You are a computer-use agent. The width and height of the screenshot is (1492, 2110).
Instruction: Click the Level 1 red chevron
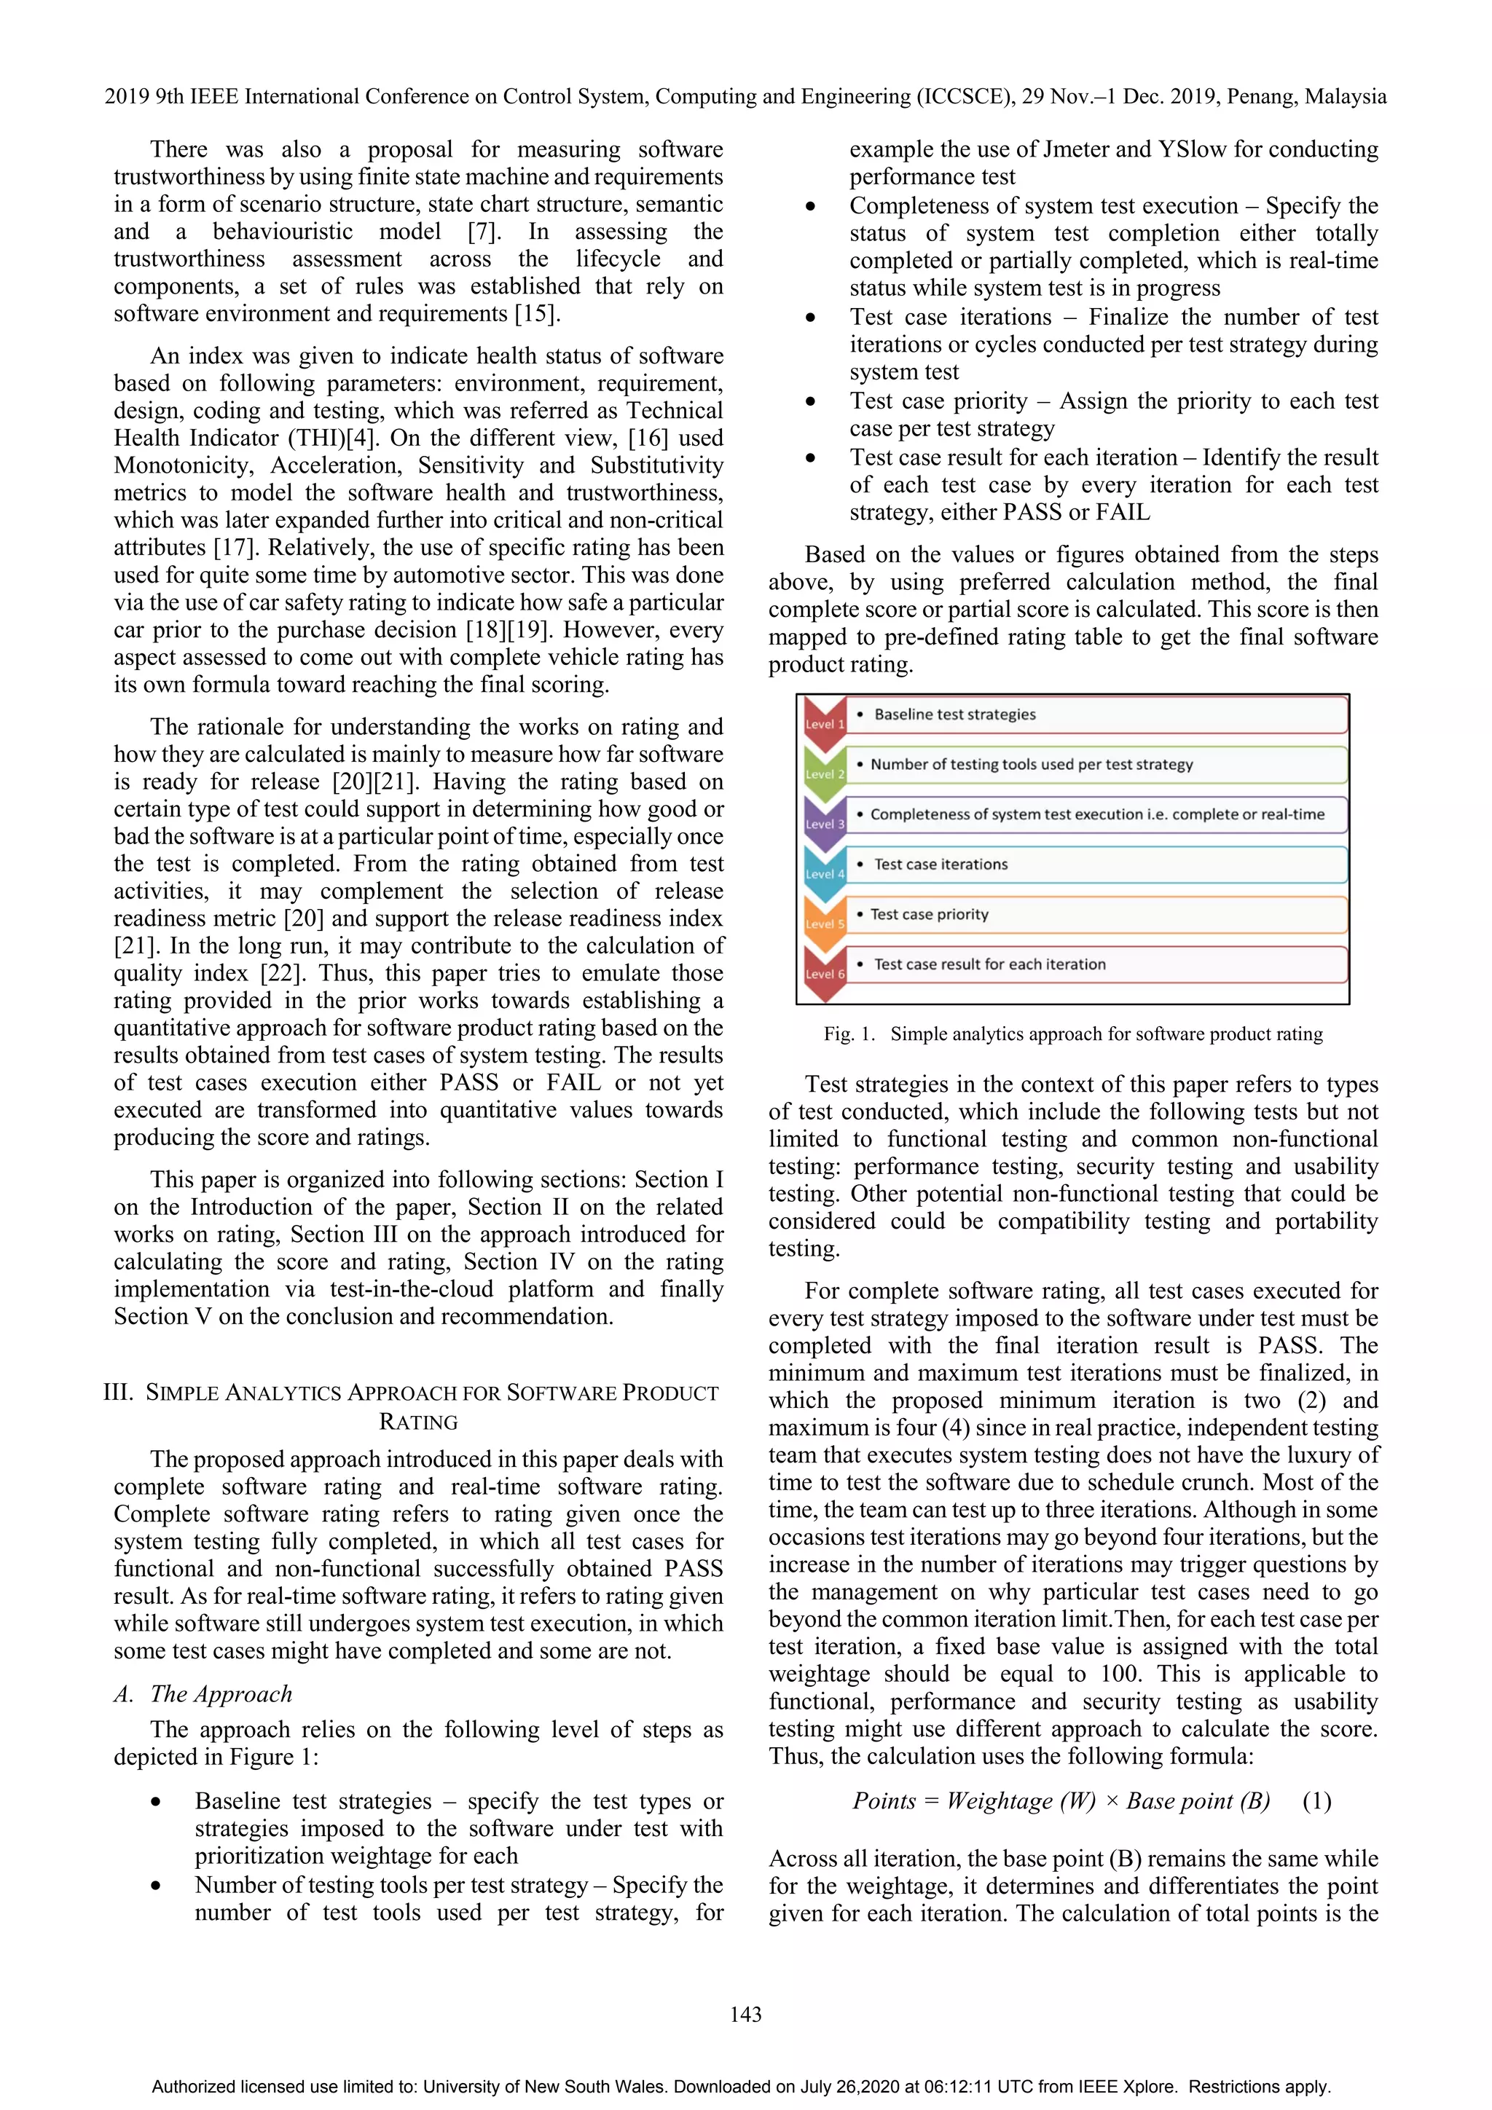click(x=824, y=721)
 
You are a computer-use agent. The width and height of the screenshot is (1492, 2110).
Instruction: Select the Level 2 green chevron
click(x=824, y=772)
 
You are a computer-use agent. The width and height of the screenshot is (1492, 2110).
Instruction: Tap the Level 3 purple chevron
click(x=824, y=822)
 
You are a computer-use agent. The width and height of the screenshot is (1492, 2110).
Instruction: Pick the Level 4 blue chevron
click(x=824, y=872)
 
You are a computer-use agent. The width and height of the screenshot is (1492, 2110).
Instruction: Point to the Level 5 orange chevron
click(x=824, y=922)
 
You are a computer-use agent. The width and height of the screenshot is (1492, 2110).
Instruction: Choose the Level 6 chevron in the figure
click(x=824, y=972)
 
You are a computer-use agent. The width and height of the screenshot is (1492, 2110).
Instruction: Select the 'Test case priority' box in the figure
click(x=1096, y=914)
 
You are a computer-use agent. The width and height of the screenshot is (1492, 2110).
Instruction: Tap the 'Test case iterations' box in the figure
click(x=1096, y=865)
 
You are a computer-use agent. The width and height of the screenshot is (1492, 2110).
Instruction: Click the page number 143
click(x=745, y=2015)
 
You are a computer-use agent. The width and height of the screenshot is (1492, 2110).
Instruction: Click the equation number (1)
click(x=1316, y=1800)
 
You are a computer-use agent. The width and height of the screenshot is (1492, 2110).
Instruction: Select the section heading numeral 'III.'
click(x=119, y=1393)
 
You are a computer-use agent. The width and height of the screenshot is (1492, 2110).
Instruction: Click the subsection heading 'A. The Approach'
click(x=203, y=1693)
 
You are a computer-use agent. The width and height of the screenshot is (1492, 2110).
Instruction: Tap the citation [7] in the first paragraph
click(x=484, y=232)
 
